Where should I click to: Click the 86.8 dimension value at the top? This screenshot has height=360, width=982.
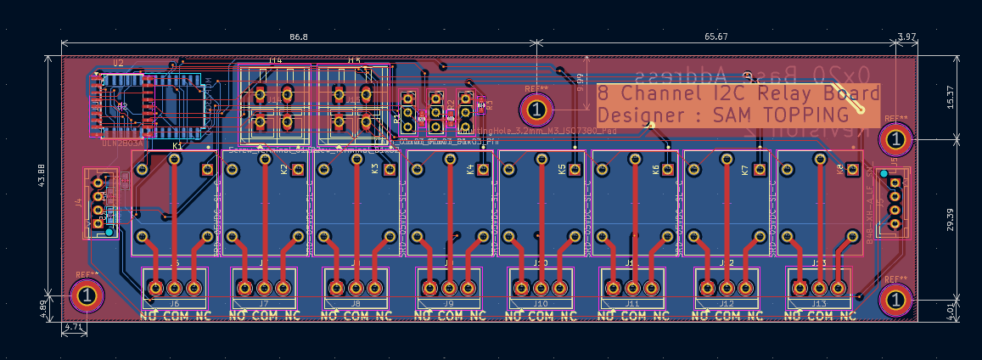point(299,37)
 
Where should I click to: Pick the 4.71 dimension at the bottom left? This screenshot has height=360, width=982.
point(75,326)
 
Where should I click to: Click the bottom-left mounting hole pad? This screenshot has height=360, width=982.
point(87,295)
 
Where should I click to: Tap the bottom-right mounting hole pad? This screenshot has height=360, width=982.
point(895,299)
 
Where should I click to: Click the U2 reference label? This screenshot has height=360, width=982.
point(118,64)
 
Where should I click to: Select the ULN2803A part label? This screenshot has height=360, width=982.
point(122,143)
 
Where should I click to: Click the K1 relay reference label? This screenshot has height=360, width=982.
point(177,147)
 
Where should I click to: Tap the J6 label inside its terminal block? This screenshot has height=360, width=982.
point(175,303)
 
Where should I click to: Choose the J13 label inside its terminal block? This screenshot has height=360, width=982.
point(818,303)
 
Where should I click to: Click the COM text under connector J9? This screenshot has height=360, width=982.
point(450,316)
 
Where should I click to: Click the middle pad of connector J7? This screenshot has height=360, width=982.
point(264,288)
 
